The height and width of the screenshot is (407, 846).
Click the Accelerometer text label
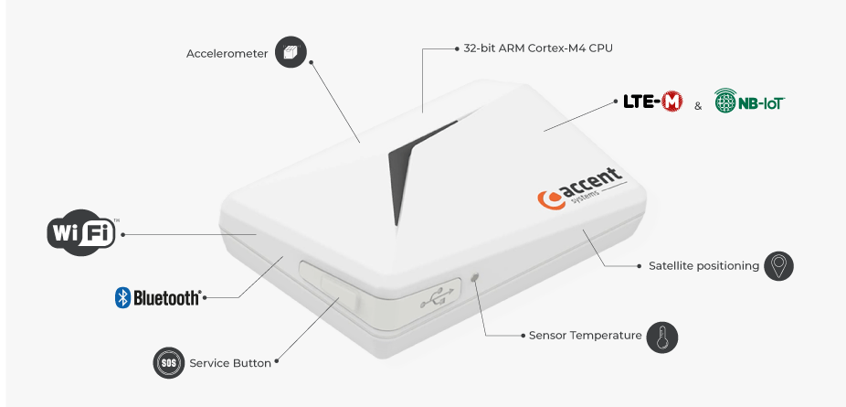[x=227, y=54]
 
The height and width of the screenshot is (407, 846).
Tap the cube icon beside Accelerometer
[x=291, y=52]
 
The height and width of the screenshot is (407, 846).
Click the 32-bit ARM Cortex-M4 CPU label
[x=538, y=48]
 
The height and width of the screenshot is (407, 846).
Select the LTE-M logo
[x=653, y=102]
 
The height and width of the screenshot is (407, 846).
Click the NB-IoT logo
[x=749, y=101]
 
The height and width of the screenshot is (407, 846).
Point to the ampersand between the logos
[x=698, y=106]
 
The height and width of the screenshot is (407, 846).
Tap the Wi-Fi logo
[x=83, y=232]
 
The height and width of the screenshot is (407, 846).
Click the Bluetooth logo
[x=157, y=297]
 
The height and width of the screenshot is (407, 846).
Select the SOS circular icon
[x=168, y=362]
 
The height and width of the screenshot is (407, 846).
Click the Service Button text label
[x=230, y=363]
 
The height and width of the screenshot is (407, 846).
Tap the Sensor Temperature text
[x=586, y=336]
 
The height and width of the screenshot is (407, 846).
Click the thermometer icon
[x=662, y=337]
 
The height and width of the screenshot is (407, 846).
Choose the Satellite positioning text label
[x=703, y=265]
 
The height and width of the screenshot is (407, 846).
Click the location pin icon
[x=778, y=265]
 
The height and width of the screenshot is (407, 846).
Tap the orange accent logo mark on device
[x=548, y=199]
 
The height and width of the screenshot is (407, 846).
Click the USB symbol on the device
[x=439, y=297]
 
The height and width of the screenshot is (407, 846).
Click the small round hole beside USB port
[x=475, y=277]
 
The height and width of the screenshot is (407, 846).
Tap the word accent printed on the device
[x=589, y=182]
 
